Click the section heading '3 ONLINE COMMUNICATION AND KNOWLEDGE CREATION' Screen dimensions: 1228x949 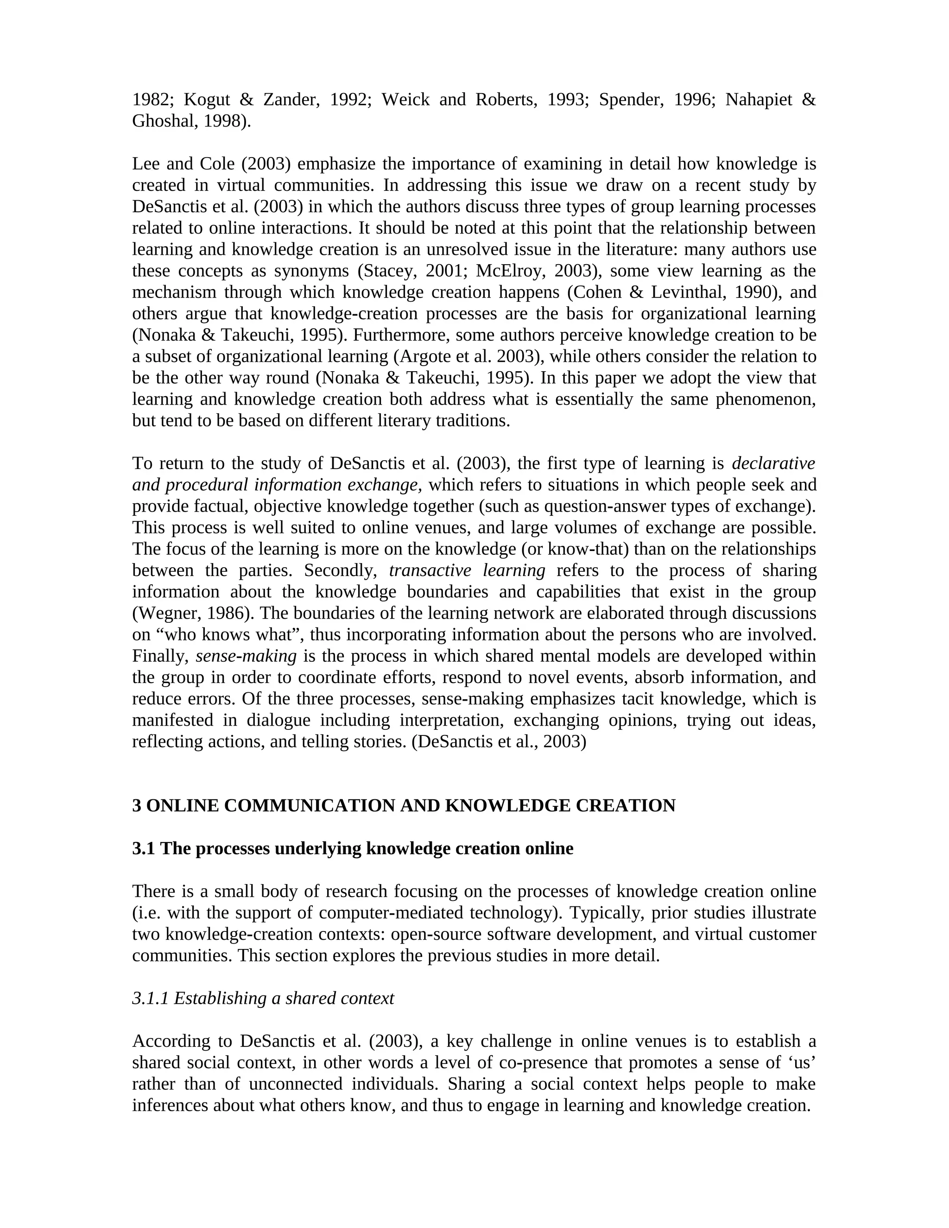click(404, 806)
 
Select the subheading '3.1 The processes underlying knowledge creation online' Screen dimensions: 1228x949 click(353, 848)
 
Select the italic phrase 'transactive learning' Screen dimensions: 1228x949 click(467, 571)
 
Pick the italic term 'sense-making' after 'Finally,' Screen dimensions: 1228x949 click(246, 656)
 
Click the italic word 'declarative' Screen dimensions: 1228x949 click(773, 463)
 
